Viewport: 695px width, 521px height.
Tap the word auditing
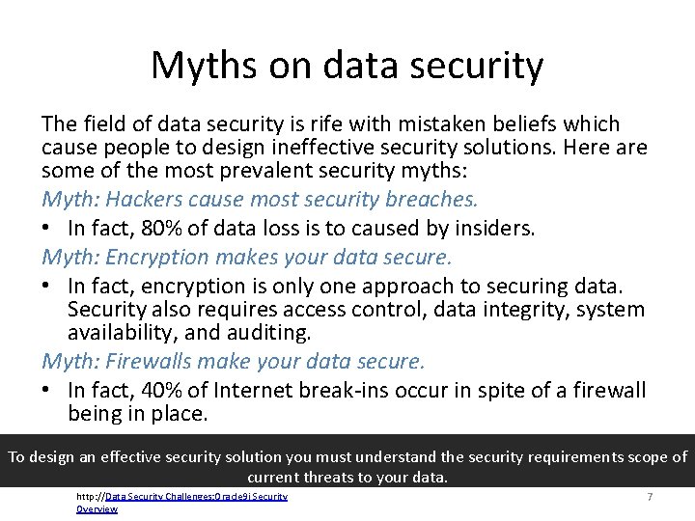[x=272, y=333]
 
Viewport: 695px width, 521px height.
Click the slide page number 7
[x=650, y=496]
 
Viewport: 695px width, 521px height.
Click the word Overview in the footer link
[x=97, y=508]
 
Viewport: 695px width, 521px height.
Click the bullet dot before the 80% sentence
[x=47, y=230]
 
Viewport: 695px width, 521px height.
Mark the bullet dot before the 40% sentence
[x=47, y=392]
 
